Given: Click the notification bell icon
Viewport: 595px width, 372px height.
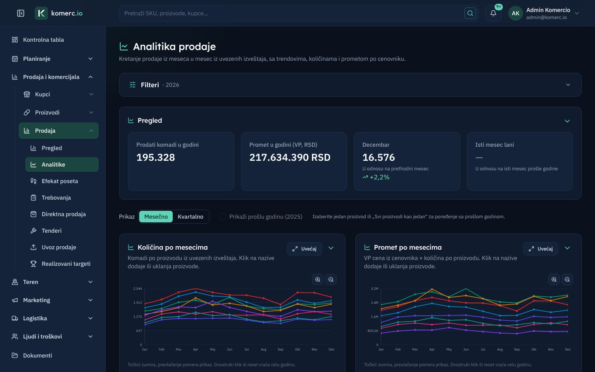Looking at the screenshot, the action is click(x=493, y=13).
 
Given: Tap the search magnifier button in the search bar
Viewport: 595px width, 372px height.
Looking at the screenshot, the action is click(x=470, y=13).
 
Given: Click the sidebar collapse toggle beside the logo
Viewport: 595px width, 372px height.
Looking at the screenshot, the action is click(x=21, y=13).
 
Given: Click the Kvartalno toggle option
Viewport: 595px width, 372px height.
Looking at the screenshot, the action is click(x=190, y=217).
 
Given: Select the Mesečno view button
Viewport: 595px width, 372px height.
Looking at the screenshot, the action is click(x=156, y=217).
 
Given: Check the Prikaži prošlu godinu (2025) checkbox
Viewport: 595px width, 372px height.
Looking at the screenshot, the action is click(x=223, y=217).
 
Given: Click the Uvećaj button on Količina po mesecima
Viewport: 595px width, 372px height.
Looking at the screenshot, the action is click(x=304, y=249).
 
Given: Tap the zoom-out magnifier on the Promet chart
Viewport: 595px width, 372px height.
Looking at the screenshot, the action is click(x=567, y=279).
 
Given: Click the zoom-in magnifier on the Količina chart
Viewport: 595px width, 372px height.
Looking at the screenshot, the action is click(x=318, y=279).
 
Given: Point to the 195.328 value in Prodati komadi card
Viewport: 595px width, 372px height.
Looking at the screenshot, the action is click(x=156, y=157).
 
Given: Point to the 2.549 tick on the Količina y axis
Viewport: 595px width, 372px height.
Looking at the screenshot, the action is click(x=138, y=289).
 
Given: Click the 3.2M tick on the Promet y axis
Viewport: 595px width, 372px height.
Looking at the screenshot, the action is click(x=374, y=289).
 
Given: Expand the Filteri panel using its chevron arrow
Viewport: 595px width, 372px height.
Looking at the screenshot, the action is click(x=568, y=85).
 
